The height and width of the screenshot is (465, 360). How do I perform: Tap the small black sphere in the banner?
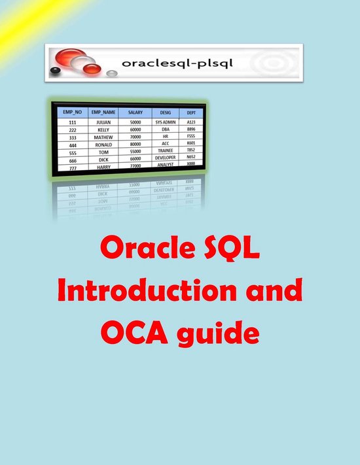pos(56,70)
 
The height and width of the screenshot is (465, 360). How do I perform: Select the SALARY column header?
pos(135,112)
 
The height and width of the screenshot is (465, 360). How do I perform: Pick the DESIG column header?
pos(166,112)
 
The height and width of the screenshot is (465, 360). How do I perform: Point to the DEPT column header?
pos(190,112)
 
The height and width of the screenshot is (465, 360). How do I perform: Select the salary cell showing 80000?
pos(135,144)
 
